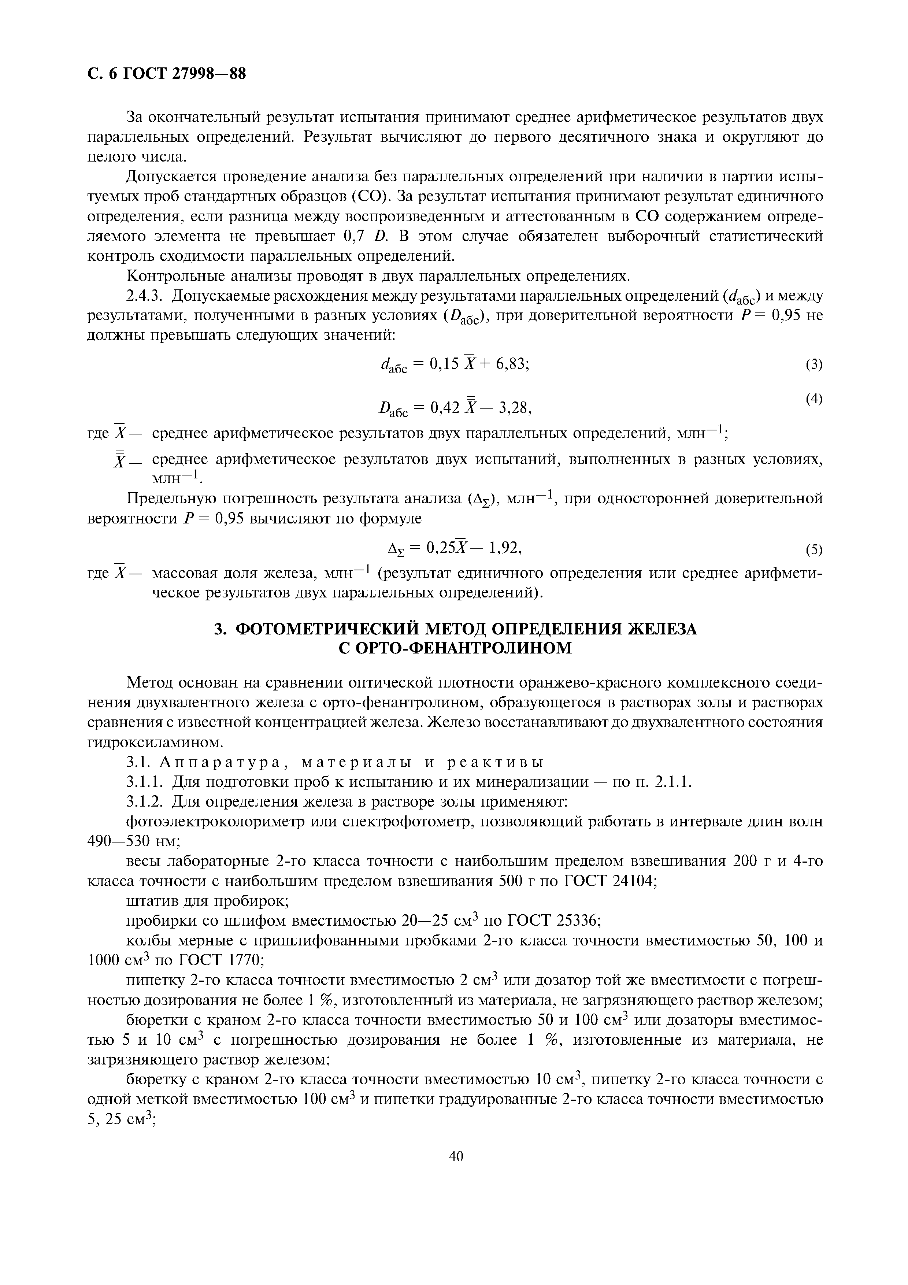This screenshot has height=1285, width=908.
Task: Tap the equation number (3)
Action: (814, 365)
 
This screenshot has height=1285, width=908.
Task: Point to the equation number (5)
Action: (814, 550)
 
